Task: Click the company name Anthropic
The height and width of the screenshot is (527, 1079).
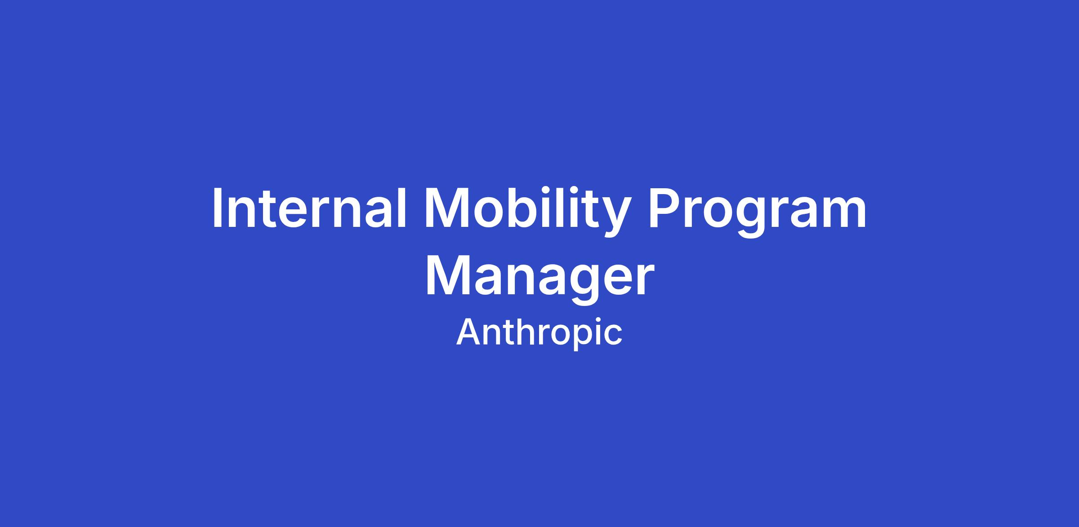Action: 539,333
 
